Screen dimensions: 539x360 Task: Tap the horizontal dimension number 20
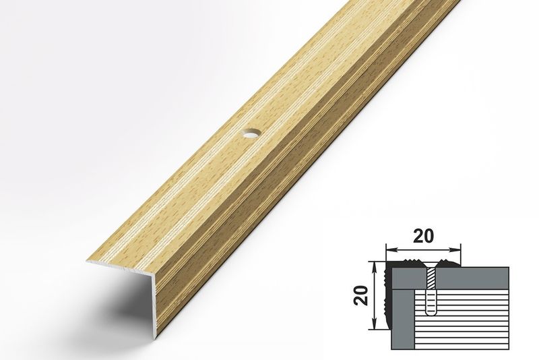423,236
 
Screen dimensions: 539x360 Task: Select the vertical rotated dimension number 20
362,295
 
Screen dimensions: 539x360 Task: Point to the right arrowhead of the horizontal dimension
455,249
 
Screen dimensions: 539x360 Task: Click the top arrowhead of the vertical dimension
375,266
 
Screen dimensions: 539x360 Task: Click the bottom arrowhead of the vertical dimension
375,324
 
